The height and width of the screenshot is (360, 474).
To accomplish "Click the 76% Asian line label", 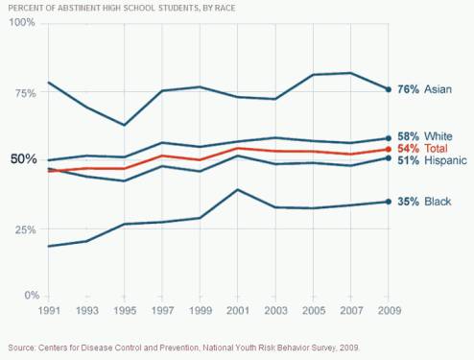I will [x=423, y=89].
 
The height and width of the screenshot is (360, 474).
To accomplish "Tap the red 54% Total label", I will [x=421, y=150].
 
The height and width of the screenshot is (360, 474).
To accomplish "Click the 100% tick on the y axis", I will [x=21, y=21].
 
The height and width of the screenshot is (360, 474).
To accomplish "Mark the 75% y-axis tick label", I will [x=24, y=93].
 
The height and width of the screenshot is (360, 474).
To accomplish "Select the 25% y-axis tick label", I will [x=24, y=230].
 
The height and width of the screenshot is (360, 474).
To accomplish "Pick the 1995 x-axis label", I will [x=122, y=311].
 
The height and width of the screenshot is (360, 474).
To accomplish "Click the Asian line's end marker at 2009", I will [x=388, y=89].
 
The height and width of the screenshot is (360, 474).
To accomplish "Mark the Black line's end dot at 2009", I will [x=388, y=202].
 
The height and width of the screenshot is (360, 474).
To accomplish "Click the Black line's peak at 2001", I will [x=236, y=190].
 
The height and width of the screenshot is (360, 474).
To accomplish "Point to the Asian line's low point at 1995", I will [x=123, y=125].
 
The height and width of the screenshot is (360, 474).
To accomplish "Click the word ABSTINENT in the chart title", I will [x=84, y=6].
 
